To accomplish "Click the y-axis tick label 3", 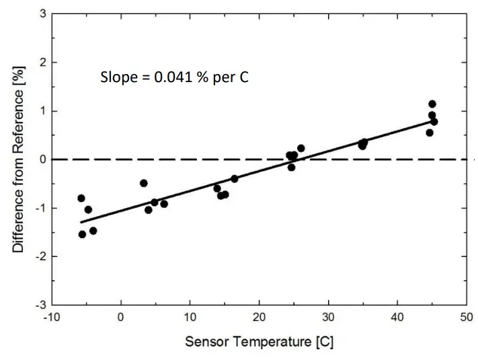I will tap(42, 13).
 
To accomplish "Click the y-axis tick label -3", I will tap(40, 305).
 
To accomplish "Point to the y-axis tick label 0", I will tap(42, 159).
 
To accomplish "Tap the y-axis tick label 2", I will tap(42, 63).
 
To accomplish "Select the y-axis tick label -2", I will tap(40, 256).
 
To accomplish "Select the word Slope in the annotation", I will tap(118, 77).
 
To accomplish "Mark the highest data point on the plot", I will tap(432, 104).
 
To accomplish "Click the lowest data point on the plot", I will tap(82, 234).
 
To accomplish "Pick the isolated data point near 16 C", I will tap(235, 179).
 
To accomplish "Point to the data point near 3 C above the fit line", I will tap(143, 183).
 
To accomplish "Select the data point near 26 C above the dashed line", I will tap(301, 148).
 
